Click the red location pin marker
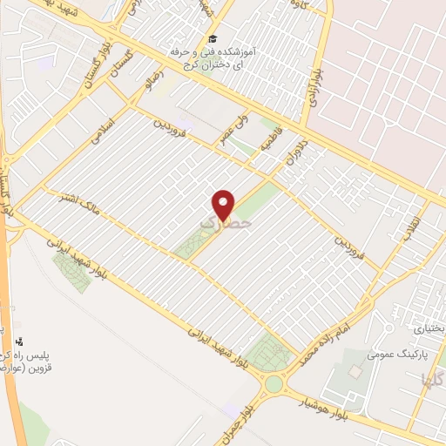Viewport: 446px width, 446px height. point(224,204)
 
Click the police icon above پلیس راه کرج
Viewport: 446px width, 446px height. point(20,341)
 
